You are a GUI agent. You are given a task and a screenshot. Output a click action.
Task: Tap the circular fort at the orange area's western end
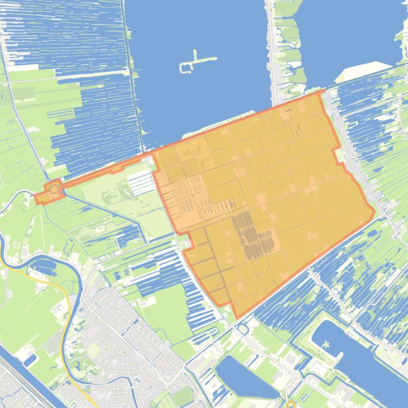tap(54, 189)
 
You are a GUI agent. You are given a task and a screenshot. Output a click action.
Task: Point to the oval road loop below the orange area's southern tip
tap(243, 329)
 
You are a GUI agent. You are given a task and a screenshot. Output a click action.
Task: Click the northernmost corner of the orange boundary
tap(322, 91)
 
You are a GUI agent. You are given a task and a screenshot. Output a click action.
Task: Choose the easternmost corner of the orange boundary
tap(374, 212)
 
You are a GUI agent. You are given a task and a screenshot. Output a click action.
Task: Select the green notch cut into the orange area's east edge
tap(338, 155)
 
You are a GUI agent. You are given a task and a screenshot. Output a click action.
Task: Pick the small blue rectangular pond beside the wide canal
tap(31, 360)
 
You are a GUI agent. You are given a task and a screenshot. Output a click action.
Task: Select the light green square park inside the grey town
tap(93, 350)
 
